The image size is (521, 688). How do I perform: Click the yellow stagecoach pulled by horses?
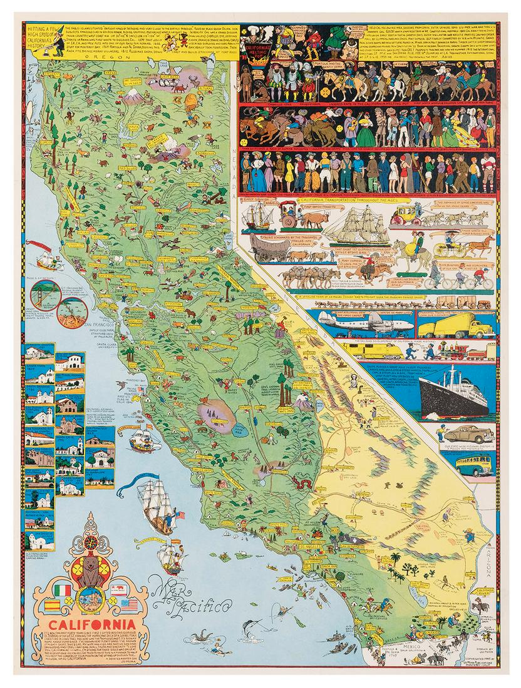click(407, 219)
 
